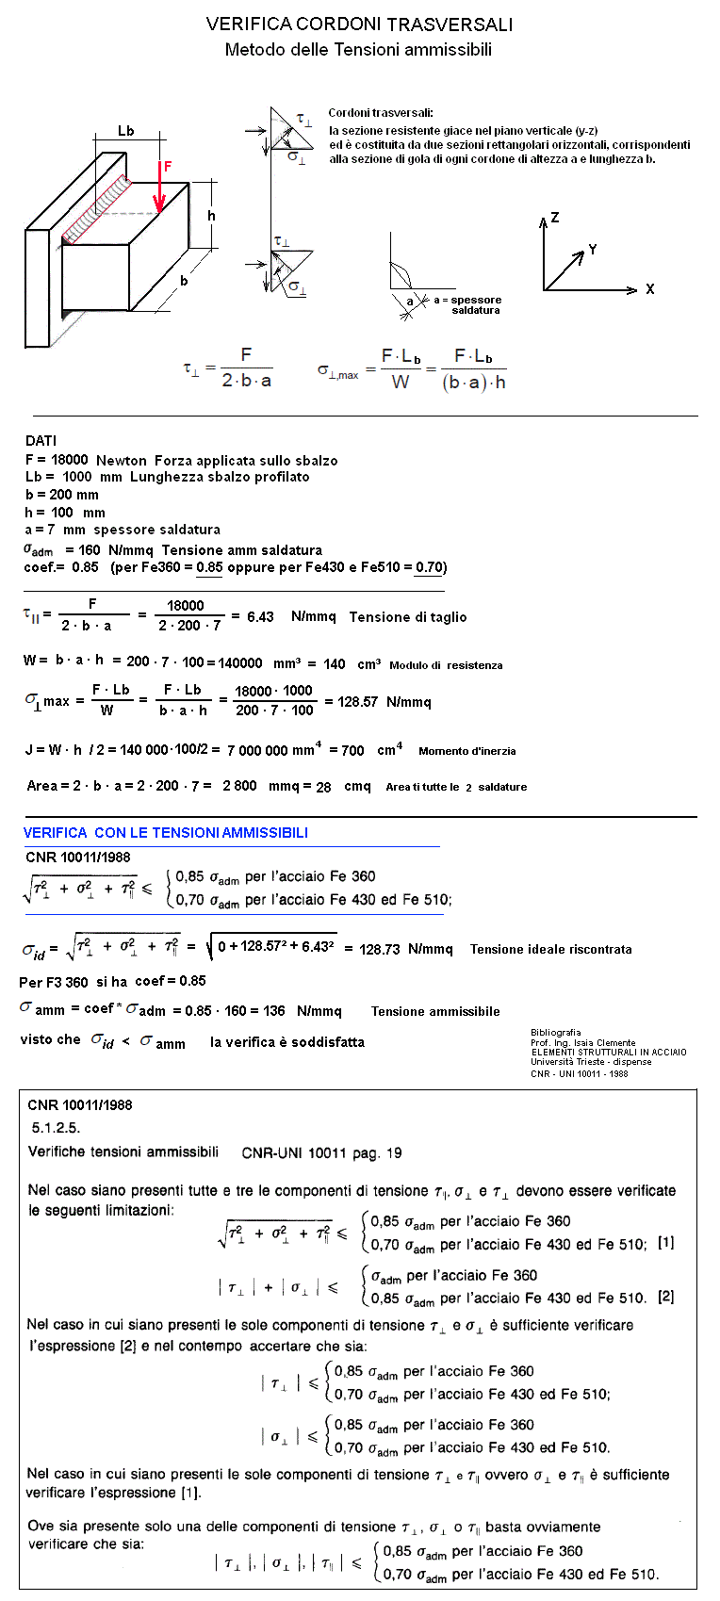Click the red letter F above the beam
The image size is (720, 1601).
[168, 167]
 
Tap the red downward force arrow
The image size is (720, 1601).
[160, 193]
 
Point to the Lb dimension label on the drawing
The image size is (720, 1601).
[125, 131]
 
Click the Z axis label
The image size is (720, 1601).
[555, 218]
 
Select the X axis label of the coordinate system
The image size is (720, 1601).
[650, 289]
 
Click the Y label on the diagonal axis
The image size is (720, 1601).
[593, 250]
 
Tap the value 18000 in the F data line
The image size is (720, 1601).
[69, 461]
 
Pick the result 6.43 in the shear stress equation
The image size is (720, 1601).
[260, 617]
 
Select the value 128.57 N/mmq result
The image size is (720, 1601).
[351, 702]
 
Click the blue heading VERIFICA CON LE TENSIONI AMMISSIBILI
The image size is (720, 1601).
[166, 833]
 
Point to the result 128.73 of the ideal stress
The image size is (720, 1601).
[380, 950]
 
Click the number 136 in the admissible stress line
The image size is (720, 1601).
[274, 1011]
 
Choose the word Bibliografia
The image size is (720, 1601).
[556, 1033]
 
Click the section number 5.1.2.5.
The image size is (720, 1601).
[56, 1127]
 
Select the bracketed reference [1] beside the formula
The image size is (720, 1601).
[665, 1243]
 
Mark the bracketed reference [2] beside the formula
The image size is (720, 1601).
[665, 1297]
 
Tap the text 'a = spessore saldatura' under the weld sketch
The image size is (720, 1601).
[468, 304]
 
